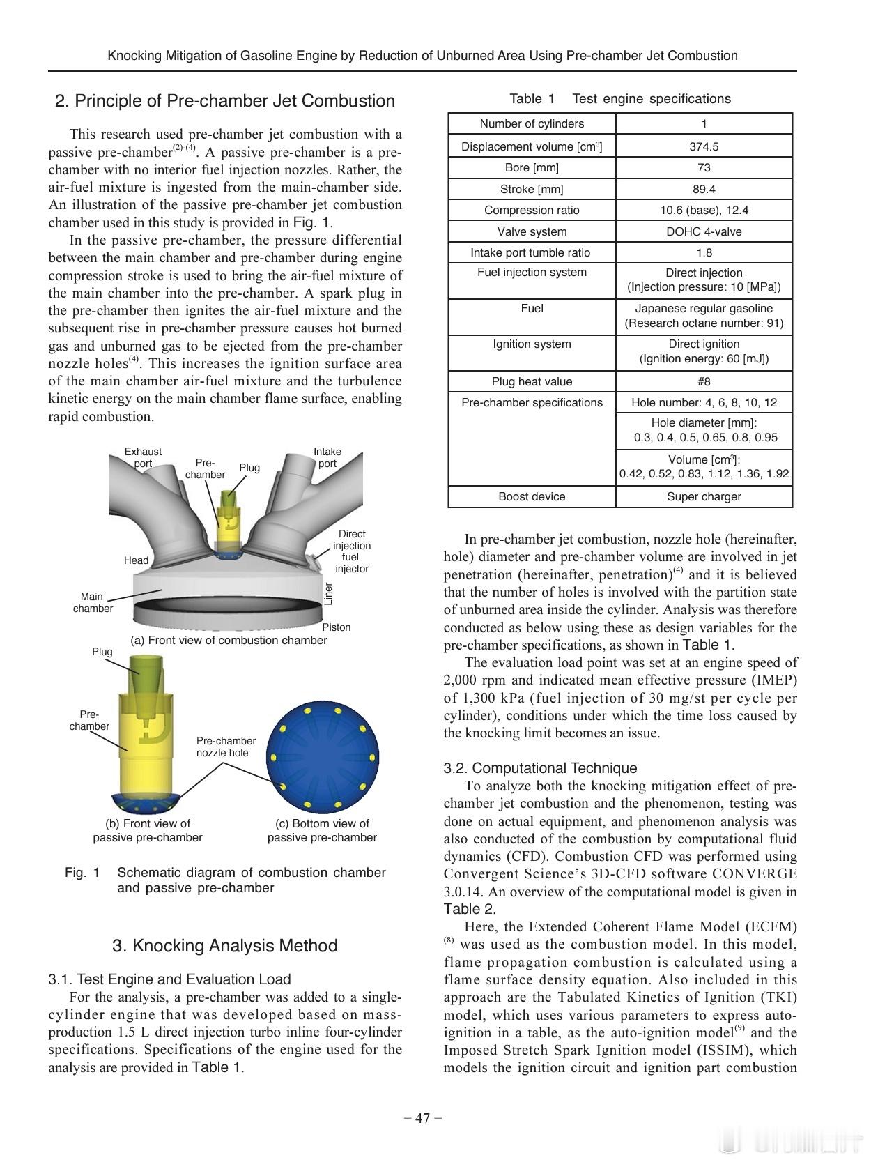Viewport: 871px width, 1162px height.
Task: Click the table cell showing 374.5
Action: click(704, 146)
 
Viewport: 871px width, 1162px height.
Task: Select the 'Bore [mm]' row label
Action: click(532, 167)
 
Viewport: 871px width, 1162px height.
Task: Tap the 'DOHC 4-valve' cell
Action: click(704, 231)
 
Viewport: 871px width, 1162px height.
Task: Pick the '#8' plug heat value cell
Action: click(704, 381)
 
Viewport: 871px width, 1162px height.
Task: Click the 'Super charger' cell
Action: click(704, 496)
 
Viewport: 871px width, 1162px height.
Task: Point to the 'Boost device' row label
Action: click(532, 496)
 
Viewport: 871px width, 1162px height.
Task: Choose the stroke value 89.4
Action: click(704, 189)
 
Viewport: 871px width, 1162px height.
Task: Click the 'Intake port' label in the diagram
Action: click(327, 457)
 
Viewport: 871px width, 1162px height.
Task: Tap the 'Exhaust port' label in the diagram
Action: click(143, 457)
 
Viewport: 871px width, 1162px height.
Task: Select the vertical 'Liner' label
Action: click(329, 593)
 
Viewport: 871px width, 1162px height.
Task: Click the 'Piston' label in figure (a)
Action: click(337, 627)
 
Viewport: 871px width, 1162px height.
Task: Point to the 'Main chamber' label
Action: click(92, 602)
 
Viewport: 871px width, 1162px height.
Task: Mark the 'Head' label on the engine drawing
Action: click(136, 560)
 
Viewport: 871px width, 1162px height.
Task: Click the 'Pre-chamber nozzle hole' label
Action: click(226, 747)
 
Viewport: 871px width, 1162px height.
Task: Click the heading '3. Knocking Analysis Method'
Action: click(224, 945)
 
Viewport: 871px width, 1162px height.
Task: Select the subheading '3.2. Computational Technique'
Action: click(540, 768)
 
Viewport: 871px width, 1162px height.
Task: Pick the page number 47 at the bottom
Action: click(423, 1118)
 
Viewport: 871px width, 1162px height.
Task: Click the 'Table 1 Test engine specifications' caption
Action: click(620, 99)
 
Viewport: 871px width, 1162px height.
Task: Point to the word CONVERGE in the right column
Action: click(755, 874)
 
